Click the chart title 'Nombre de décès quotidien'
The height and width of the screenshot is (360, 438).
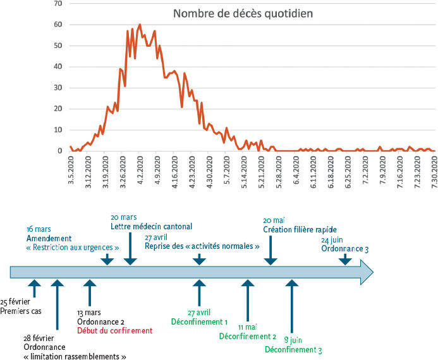243,13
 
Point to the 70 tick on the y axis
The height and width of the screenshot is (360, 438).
58,4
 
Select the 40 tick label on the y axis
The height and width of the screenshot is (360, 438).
58,67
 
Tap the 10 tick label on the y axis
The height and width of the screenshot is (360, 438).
58,130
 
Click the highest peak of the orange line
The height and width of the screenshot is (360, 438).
140,25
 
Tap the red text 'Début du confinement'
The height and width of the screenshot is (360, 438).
114,330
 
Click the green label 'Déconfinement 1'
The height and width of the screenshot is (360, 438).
200,321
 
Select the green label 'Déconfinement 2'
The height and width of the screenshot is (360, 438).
248,336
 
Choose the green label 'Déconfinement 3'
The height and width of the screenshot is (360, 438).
293,350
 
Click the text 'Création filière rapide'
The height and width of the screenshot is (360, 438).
300,230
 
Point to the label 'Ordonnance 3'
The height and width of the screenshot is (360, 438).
344,249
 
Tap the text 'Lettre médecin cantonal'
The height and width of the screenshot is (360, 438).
151,226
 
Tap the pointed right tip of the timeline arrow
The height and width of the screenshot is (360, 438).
373,272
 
